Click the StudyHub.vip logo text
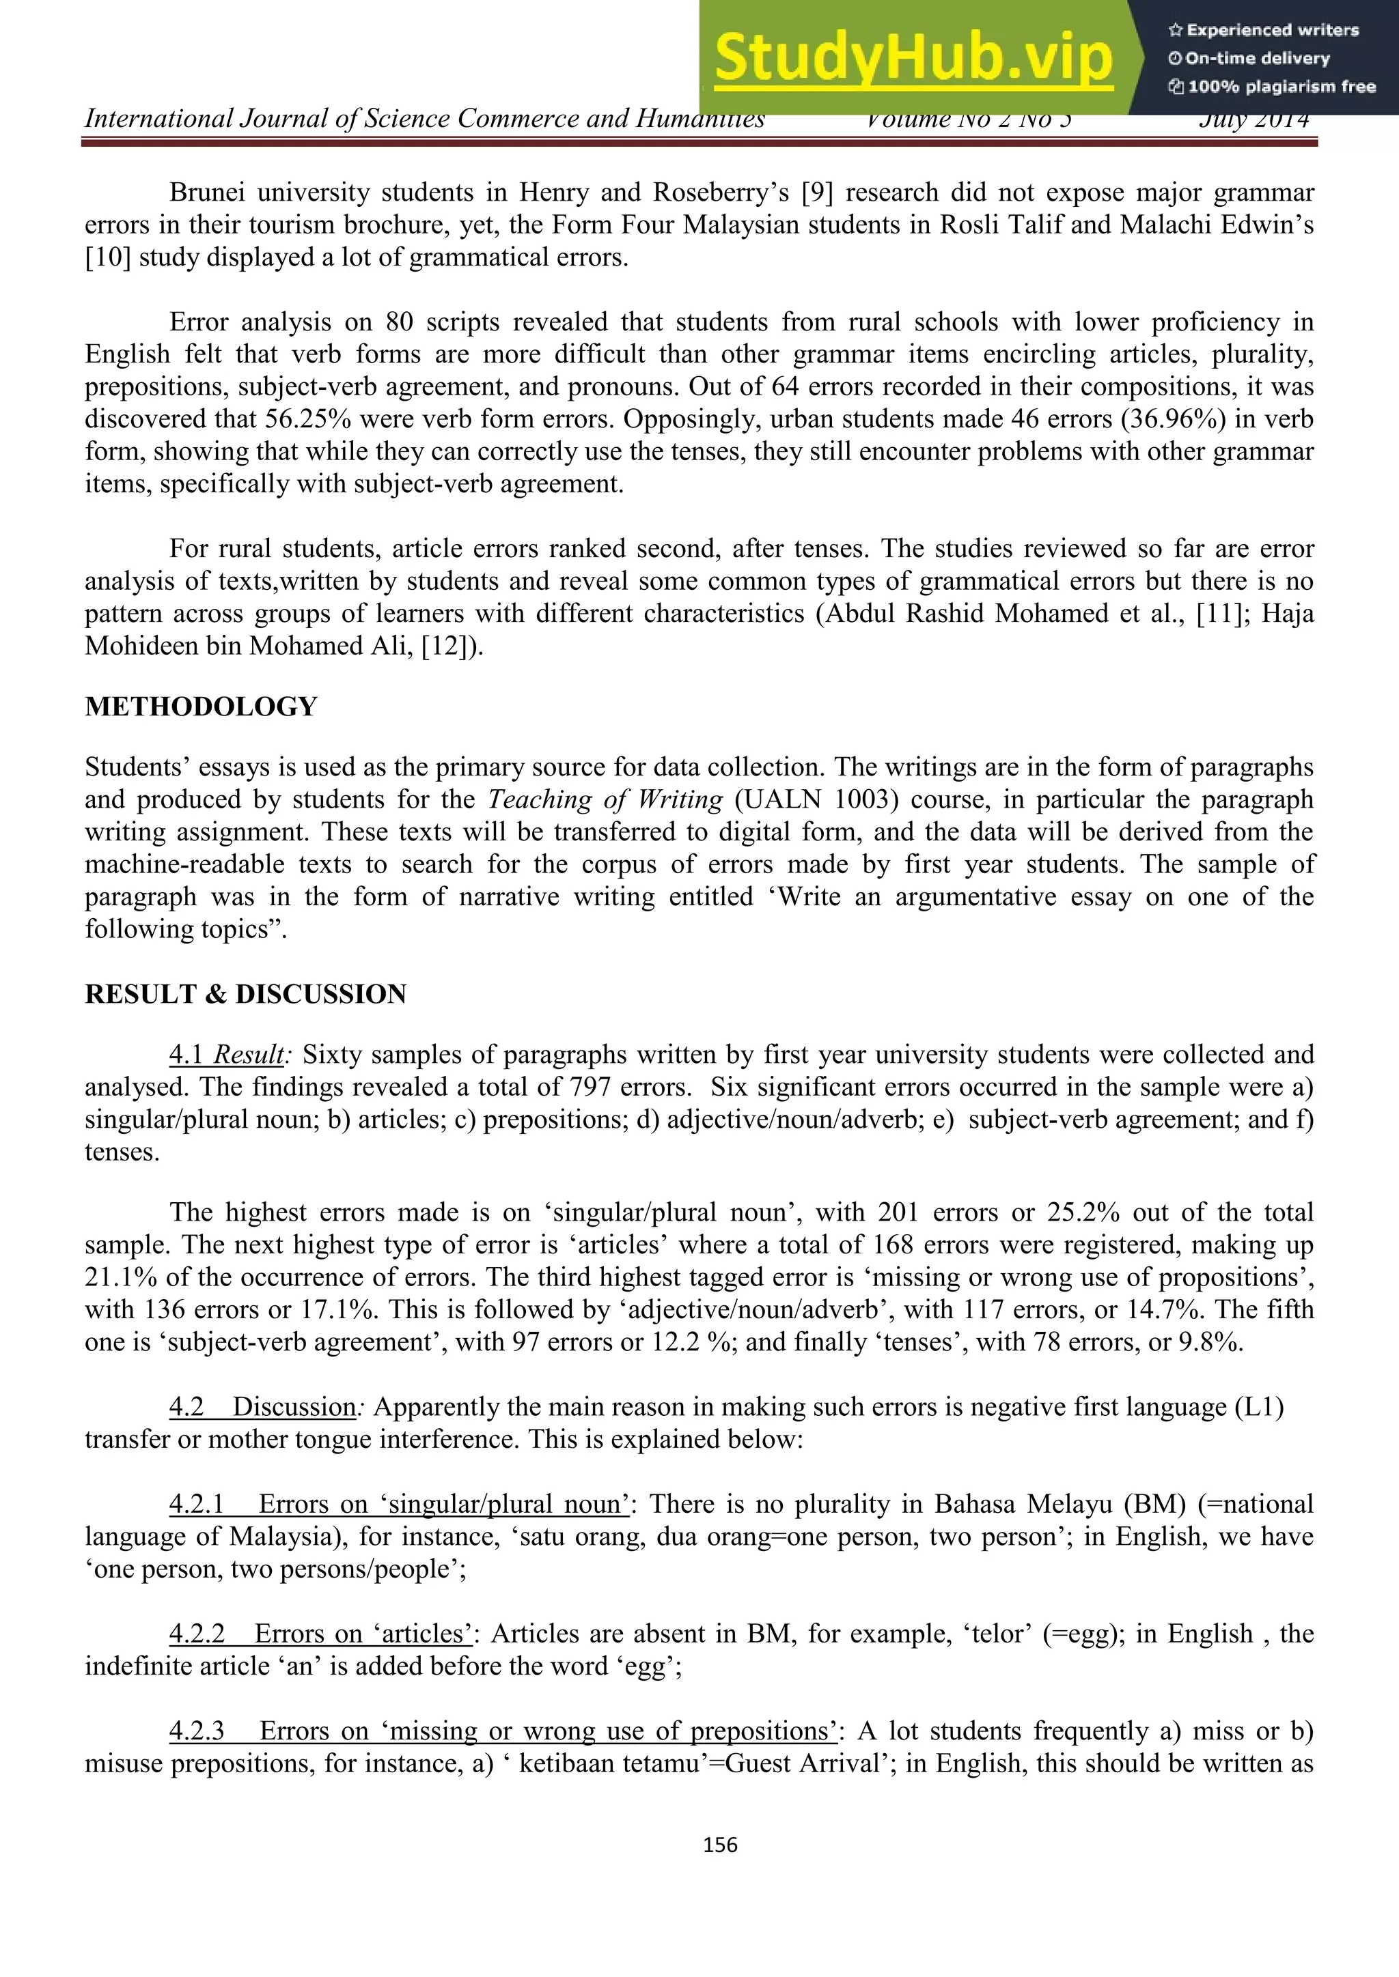click(x=913, y=57)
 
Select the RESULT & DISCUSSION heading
click(x=245, y=994)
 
